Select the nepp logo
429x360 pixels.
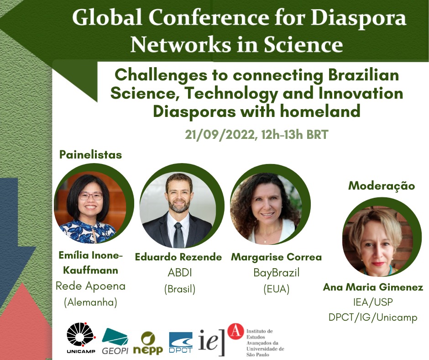coord(148,343)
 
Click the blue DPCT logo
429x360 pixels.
coord(181,343)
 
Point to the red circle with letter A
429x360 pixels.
coord(235,331)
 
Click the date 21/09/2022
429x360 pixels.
coord(220,135)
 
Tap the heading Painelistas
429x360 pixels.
coord(90,155)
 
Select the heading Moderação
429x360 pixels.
coord(382,186)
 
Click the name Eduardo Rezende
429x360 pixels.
coord(178,257)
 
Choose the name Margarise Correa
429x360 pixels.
coord(276,257)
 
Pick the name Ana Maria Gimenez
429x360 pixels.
coord(373,287)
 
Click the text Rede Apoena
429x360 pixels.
coord(90,286)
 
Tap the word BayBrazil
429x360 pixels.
coord(276,273)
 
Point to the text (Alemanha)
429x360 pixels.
coord(90,302)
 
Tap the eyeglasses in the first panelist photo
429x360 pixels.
coord(90,196)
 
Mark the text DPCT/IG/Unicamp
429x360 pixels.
coord(373,318)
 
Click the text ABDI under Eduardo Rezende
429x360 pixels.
coord(180,273)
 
